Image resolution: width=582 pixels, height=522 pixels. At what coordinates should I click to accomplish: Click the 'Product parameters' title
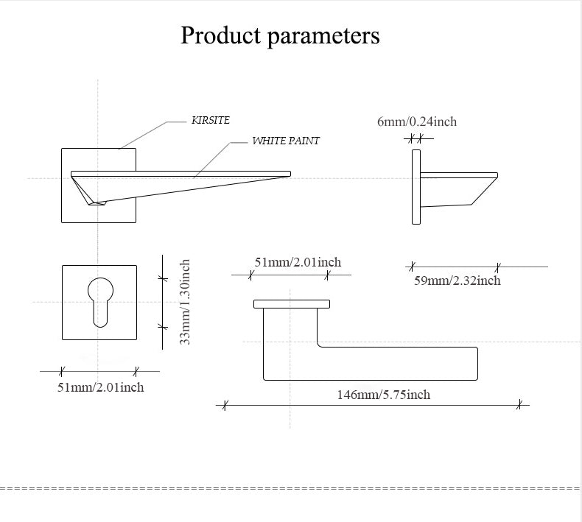[x=280, y=35]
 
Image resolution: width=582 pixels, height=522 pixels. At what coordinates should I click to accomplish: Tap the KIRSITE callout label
[x=211, y=120]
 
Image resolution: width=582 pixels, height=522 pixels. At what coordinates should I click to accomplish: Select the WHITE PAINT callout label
[x=286, y=141]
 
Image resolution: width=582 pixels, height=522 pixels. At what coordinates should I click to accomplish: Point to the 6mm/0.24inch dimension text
[x=417, y=121]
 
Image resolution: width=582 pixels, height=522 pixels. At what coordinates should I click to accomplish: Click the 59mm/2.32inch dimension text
[x=457, y=281]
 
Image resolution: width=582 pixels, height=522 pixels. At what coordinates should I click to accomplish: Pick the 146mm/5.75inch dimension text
[x=383, y=395]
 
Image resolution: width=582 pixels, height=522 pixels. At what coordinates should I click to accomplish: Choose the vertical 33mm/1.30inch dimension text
[x=186, y=302]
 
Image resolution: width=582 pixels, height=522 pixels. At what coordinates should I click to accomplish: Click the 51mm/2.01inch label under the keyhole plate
[x=101, y=387]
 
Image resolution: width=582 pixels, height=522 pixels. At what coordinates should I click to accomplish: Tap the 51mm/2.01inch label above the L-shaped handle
[x=298, y=262]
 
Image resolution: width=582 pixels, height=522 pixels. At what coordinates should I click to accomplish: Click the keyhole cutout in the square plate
[x=99, y=298]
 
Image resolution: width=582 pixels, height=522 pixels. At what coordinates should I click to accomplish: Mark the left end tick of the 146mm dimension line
[x=225, y=404]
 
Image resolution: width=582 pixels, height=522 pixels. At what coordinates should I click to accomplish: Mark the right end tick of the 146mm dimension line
[x=519, y=404]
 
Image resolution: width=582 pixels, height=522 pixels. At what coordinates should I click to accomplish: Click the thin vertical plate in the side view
[x=416, y=187]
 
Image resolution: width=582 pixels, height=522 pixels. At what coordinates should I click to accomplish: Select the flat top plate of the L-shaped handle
[x=291, y=303]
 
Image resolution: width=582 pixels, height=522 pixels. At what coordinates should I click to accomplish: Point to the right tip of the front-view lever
[x=288, y=174]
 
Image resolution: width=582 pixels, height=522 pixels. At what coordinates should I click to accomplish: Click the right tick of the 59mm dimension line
[x=498, y=267]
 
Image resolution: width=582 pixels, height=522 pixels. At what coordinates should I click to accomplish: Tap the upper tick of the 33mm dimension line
[x=164, y=278]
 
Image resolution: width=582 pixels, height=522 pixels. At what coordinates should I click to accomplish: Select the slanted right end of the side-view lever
[x=483, y=190]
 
